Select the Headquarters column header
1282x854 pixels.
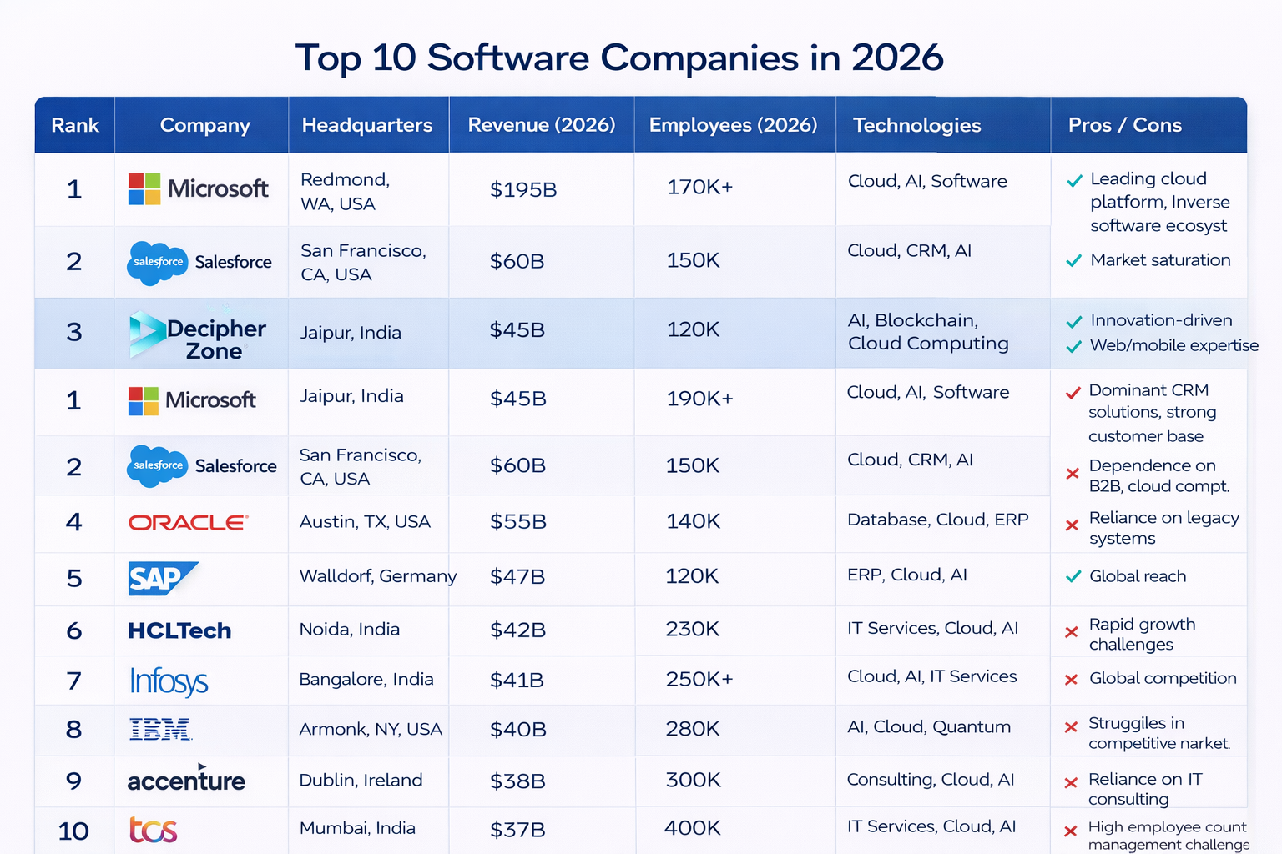367,125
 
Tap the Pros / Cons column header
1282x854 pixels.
1124,125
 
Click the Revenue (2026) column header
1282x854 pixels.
542,125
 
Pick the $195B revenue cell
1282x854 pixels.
523,189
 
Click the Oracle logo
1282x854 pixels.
188,523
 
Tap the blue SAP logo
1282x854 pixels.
162,578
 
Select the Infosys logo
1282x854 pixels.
169,681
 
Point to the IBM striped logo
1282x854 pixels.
160,730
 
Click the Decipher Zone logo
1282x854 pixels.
198,336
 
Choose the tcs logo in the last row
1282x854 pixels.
154,830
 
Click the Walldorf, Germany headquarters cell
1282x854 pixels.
377,576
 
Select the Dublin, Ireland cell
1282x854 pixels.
361,780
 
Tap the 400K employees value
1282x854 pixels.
692,828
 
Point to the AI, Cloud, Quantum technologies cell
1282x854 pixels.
929,727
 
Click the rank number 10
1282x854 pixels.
73,831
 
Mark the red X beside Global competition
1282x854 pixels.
1072,680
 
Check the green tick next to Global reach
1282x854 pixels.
1073,576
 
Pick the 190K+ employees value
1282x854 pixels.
699,399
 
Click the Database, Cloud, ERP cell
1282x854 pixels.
937,520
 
